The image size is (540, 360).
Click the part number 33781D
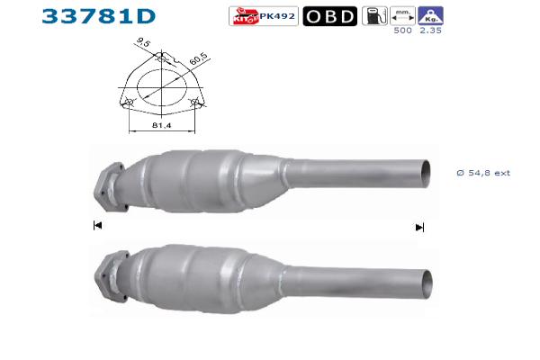pyautogui.click(x=99, y=16)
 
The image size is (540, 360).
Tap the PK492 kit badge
pyautogui.click(x=264, y=16)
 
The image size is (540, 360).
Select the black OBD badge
pyautogui.click(x=330, y=16)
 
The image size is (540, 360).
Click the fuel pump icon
pyautogui.click(x=374, y=16)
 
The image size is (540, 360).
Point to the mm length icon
pyautogui.click(x=402, y=16)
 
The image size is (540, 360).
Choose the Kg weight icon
pyautogui.click(x=430, y=16)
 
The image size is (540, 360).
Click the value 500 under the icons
pyautogui.click(x=402, y=31)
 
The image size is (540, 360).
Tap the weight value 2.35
pyautogui.click(x=430, y=31)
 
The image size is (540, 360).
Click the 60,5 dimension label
pyautogui.click(x=198, y=58)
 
